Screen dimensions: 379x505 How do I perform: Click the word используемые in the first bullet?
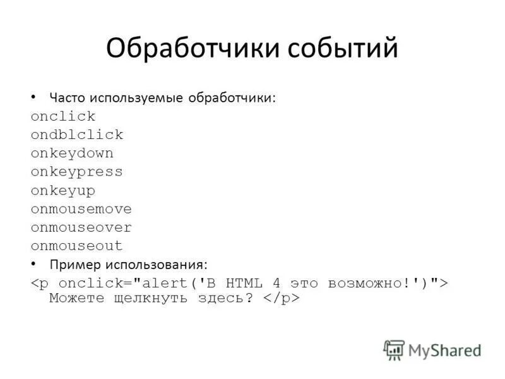click(x=136, y=98)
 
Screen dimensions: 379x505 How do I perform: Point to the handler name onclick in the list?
click(x=63, y=116)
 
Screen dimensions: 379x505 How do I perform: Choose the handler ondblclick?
click(x=77, y=135)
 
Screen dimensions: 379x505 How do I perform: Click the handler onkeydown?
click(x=72, y=153)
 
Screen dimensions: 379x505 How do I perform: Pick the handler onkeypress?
click(x=77, y=171)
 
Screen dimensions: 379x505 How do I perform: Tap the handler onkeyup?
click(x=63, y=190)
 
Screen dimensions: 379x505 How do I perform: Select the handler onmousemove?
click(x=81, y=208)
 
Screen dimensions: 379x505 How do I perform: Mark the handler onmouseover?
click(x=81, y=227)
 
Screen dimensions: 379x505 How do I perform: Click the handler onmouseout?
click(x=77, y=246)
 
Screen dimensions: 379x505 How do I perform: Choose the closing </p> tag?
click(x=282, y=298)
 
